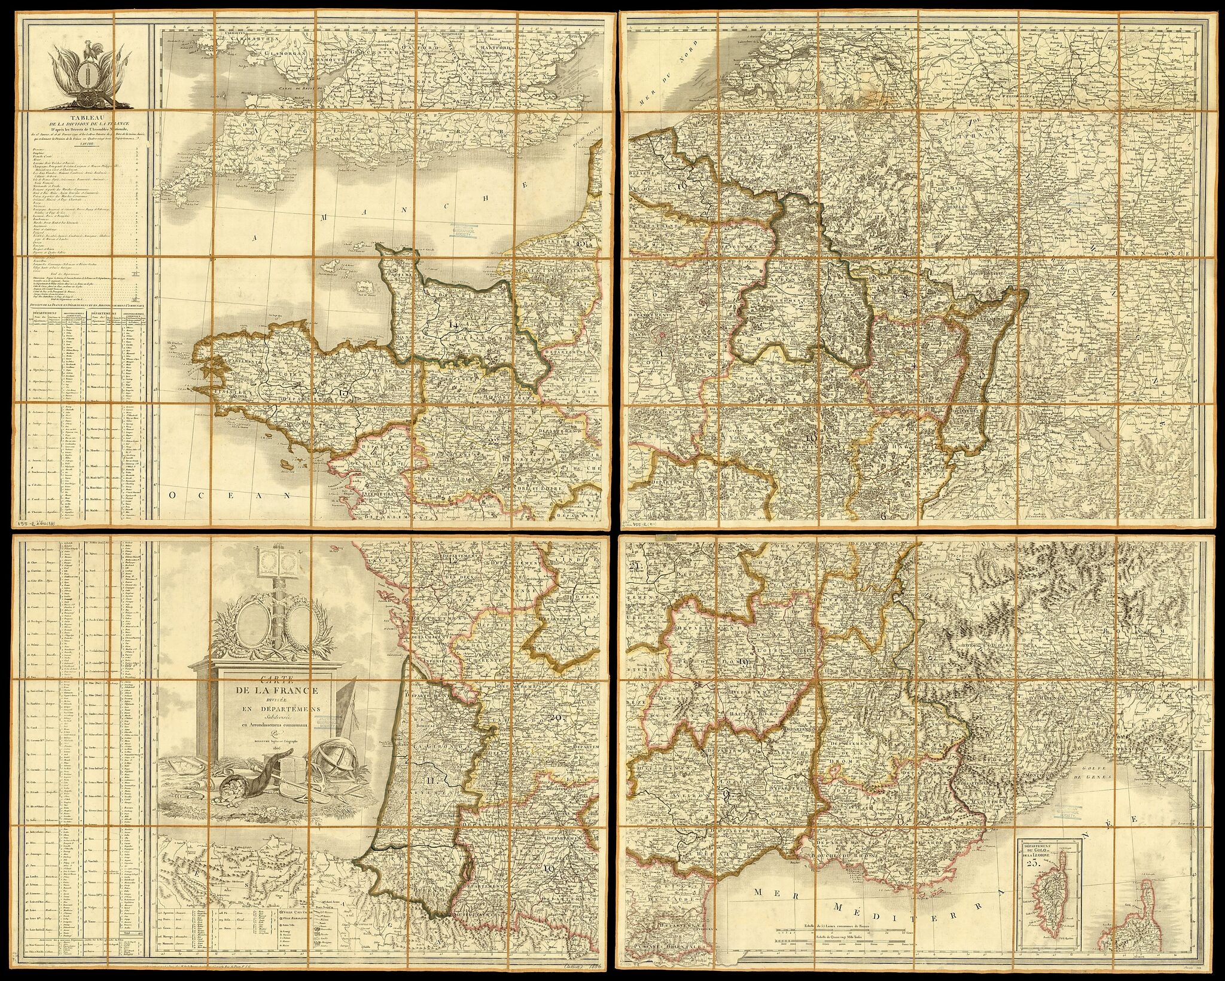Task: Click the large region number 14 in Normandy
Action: (453, 325)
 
